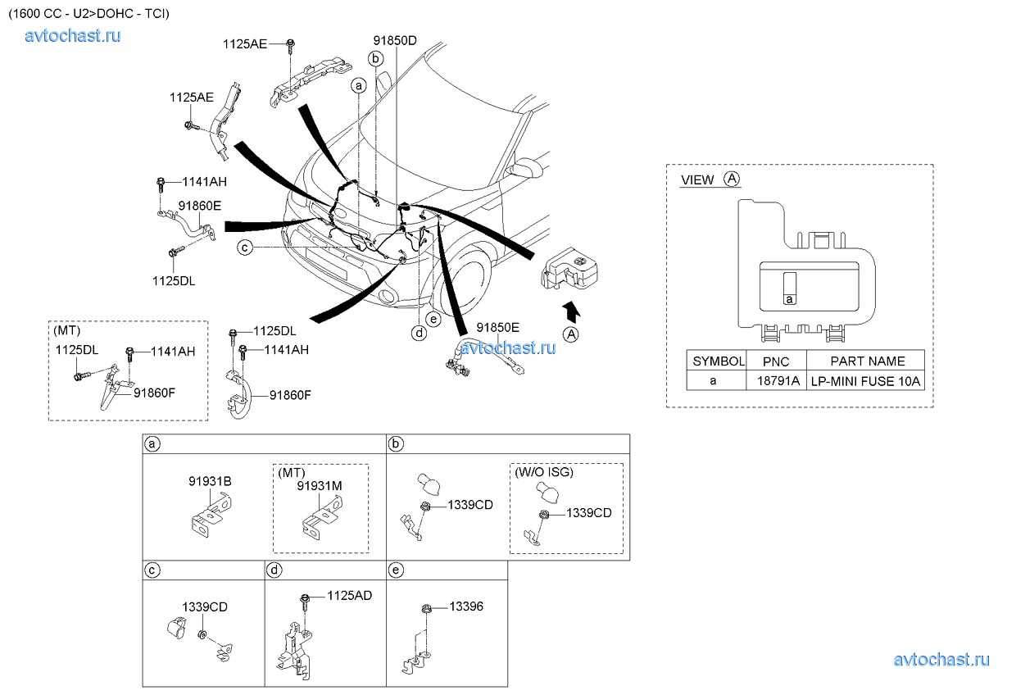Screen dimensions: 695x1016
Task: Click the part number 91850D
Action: tap(395, 39)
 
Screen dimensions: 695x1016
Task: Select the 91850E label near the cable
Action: tap(498, 327)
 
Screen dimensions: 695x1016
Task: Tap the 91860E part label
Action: tap(200, 206)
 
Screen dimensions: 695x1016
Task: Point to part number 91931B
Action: tap(210, 481)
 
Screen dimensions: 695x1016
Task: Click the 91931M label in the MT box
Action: tap(320, 486)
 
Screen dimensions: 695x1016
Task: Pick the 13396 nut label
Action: tap(466, 606)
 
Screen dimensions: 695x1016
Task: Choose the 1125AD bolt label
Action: tap(349, 596)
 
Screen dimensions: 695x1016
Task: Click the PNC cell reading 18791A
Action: tap(776, 380)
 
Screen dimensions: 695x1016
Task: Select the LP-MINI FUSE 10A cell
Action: tap(866, 380)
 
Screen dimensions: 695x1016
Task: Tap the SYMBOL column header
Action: tap(718, 361)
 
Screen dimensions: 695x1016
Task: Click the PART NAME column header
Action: tap(867, 361)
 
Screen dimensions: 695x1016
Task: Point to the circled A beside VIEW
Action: tap(733, 179)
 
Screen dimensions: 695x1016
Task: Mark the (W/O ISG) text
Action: tap(544, 473)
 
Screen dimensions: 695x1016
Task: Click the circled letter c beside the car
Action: tap(245, 247)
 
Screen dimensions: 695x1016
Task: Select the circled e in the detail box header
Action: tap(397, 568)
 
